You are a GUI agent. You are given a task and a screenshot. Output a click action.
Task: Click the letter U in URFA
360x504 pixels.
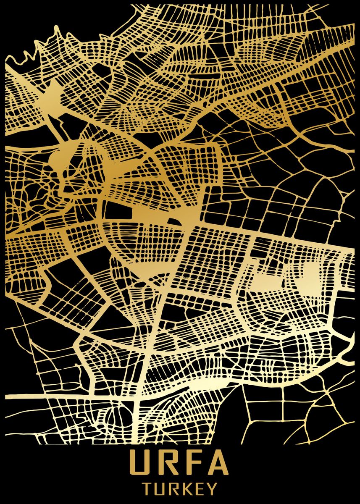click(x=141, y=463)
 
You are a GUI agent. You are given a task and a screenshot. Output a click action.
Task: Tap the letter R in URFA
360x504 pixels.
click(x=168, y=463)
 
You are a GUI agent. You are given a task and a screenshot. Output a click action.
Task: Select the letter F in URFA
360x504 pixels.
click(x=193, y=463)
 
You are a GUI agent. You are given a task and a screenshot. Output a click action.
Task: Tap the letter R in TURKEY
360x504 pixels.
click(x=175, y=489)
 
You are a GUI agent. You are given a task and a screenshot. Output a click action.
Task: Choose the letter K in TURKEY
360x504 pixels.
click(x=189, y=489)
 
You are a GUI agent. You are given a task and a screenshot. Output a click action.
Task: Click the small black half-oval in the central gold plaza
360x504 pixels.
click(x=173, y=221)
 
